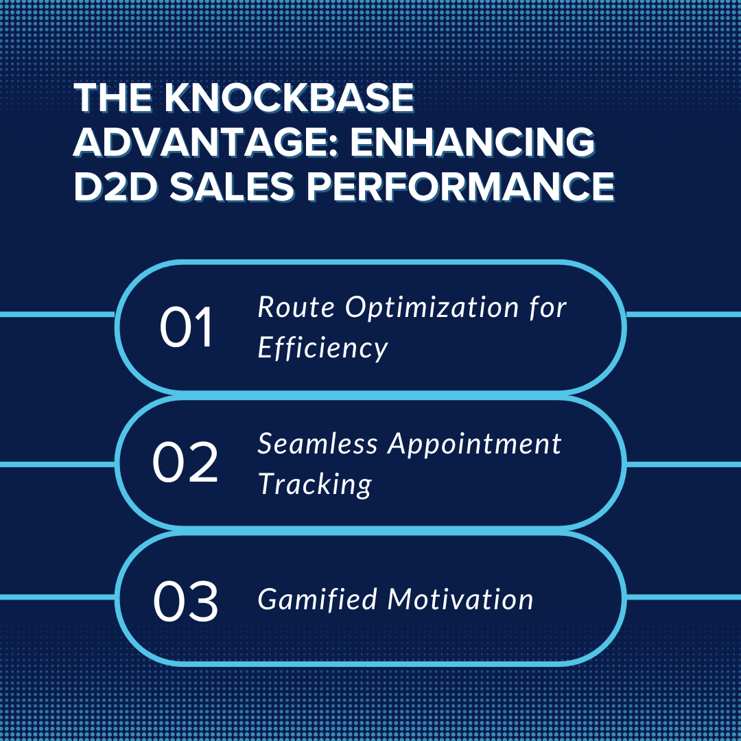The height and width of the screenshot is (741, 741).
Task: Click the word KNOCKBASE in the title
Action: point(290,97)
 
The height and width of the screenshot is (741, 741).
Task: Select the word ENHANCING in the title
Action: point(473,142)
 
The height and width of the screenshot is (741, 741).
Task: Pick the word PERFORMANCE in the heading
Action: point(461,186)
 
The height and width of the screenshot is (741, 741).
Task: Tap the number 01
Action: point(186,327)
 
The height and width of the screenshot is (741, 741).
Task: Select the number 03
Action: point(186,600)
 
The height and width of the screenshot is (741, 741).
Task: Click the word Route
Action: point(296,307)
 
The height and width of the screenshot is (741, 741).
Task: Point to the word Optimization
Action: point(432,308)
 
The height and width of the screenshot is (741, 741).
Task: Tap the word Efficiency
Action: point(322,349)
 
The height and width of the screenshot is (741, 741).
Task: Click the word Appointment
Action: point(475,445)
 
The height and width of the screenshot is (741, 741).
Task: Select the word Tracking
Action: point(315,485)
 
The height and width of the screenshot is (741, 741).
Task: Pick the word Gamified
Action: point(317,599)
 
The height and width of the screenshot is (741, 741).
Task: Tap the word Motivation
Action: point(460,599)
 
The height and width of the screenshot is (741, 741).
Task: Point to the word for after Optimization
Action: point(548,308)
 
